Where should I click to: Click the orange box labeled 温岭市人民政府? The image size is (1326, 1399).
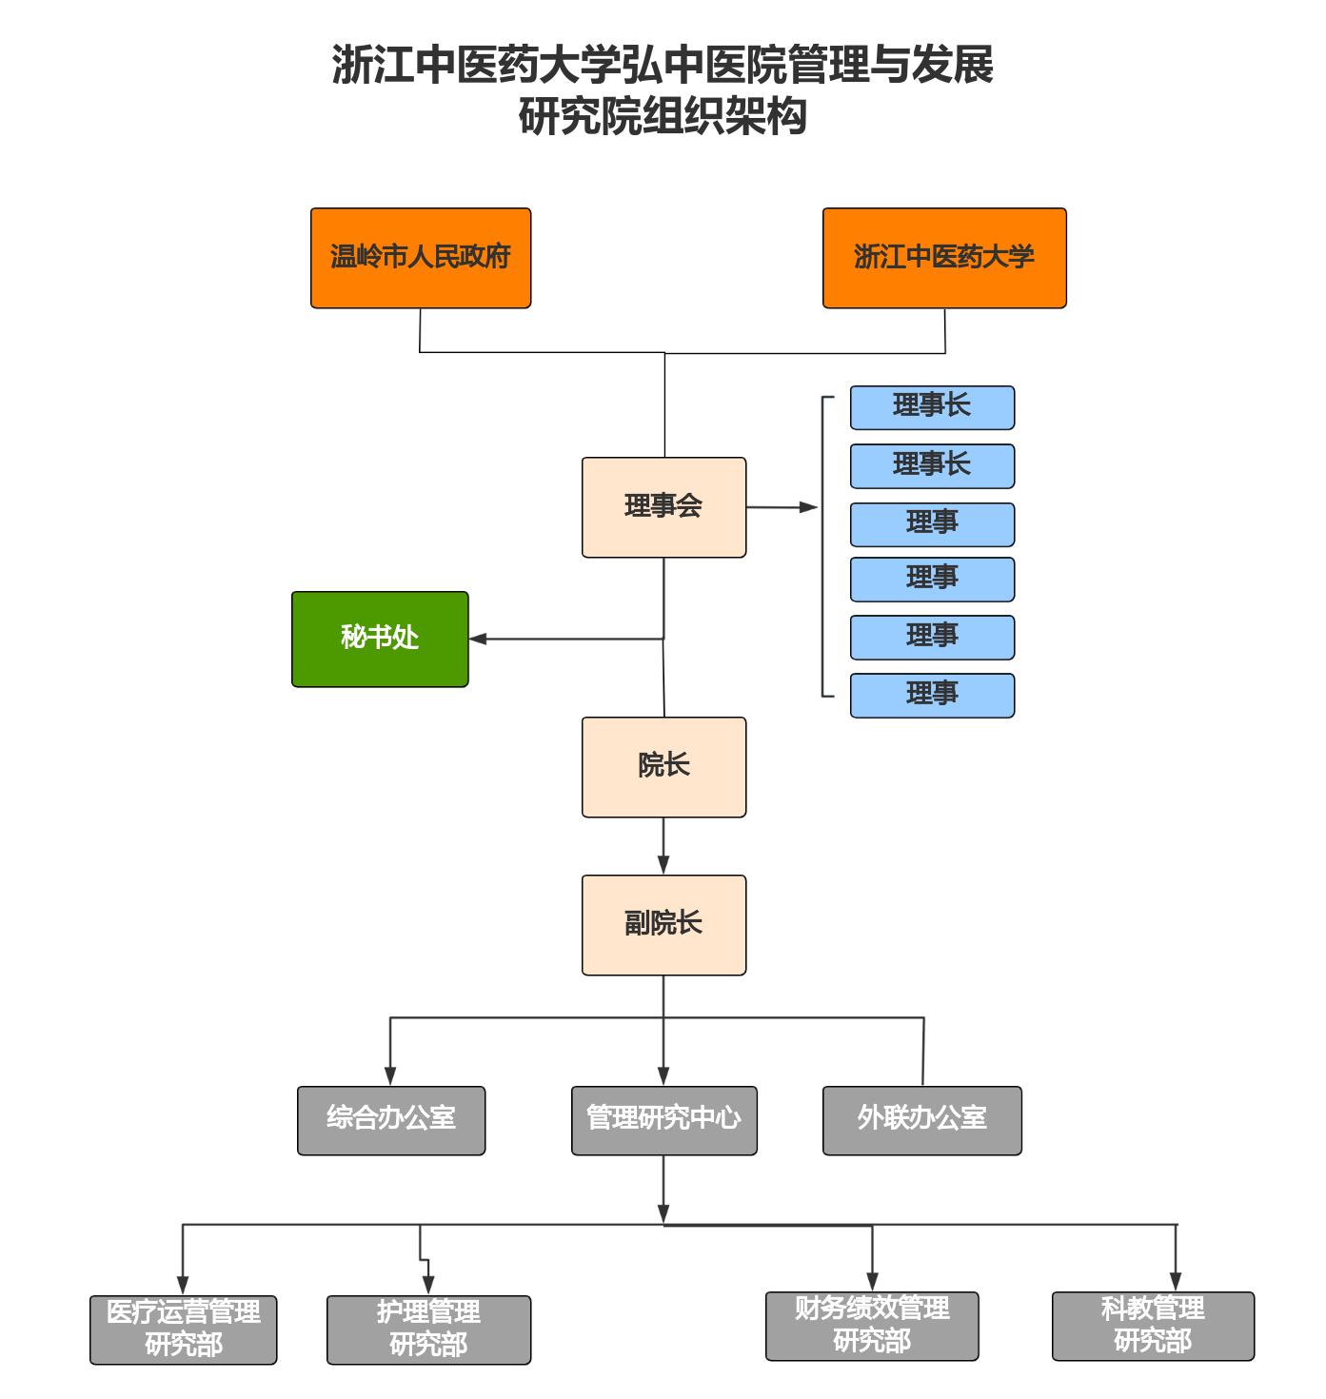[x=420, y=258]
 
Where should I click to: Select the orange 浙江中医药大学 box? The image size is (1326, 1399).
[x=943, y=258]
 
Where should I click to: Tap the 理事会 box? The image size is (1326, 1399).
[x=663, y=507]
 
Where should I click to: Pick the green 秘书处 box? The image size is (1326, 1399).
[x=380, y=639]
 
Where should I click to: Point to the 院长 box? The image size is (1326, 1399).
[x=663, y=767]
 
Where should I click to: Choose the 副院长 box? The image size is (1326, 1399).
[x=663, y=925]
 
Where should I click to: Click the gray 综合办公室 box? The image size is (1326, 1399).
[x=391, y=1120]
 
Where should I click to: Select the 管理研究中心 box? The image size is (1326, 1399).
[x=663, y=1120]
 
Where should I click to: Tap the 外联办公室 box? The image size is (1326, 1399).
[x=921, y=1120]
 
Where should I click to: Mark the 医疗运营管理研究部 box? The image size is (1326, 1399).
[x=184, y=1330]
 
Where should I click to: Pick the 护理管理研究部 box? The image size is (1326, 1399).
[x=428, y=1330]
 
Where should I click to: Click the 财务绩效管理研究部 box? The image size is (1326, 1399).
[x=872, y=1326]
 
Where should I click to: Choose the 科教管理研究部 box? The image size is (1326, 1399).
[x=1153, y=1326]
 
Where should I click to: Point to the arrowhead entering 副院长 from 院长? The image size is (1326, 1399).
[x=663, y=865]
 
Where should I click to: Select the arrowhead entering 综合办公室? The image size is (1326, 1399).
[x=390, y=1076]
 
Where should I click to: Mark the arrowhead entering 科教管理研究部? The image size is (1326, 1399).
[x=1176, y=1282]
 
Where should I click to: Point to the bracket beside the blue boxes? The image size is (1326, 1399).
[x=823, y=546]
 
